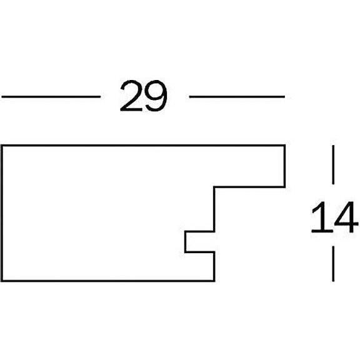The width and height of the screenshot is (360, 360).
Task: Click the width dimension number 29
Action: pyautogui.click(x=144, y=96)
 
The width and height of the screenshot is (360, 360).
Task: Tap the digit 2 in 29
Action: pyautogui.click(x=131, y=96)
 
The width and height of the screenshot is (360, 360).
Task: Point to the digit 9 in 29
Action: pyautogui.click(x=156, y=96)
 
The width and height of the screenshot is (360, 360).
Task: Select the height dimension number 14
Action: pyautogui.click(x=334, y=217)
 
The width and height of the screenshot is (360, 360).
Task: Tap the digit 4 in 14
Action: pyautogui.click(x=347, y=217)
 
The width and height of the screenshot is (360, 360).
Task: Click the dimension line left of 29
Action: pyautogui.click(x=51, y=97)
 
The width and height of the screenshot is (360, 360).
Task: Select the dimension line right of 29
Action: pyautogui.click(x=237, y=97)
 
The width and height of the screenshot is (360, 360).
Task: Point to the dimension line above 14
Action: pyautogui.click(x=333, y=164)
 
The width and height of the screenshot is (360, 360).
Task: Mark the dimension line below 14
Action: pyautogui.click(x=333, y=264)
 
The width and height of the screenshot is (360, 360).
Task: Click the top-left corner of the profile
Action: pyautogui.click(x=2, y=146)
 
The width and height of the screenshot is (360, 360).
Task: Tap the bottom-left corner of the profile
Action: pyautogui.click(x=2, y=281)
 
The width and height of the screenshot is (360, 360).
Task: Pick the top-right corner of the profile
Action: pyautogui.click(x=285, y=146)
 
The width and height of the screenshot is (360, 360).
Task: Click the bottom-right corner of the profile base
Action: pyautogui.click(x=214, y=281)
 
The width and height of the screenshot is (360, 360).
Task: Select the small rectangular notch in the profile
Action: pyautogui.click(x=199, y=242)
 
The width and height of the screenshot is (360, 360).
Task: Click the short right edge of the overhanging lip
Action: pyautogui.click(x=285, y=166)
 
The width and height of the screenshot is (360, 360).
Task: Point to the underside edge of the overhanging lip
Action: pyautogui.click(x=249, y=187)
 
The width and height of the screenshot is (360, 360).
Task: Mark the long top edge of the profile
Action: pyautogui.click(x=143, y=146)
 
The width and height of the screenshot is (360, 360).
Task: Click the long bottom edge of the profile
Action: pyautogui.click(x=108, y=281)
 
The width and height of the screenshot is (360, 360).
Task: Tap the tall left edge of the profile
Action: pyautogui.click(x=2, y=213)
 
